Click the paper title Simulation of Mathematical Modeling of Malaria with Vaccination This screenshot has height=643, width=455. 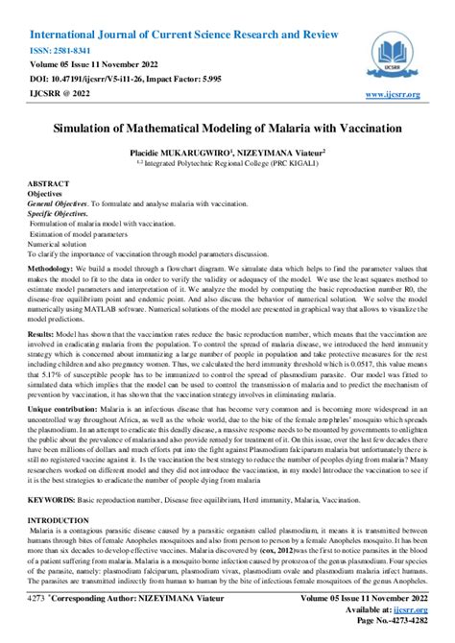click(227, 127)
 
